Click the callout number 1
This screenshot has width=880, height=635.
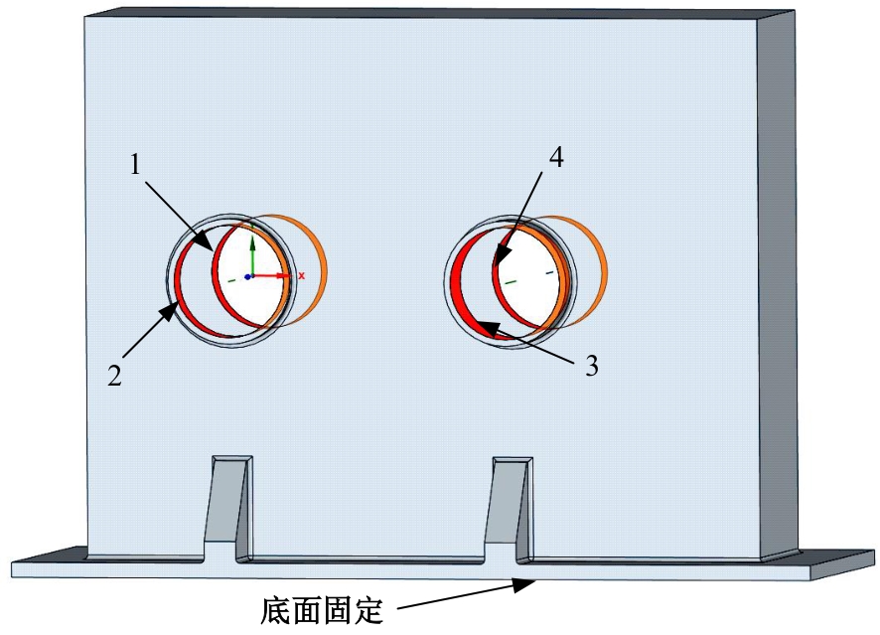(135, 165)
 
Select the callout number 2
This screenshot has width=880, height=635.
(115, 375)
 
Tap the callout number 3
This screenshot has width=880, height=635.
(592, 366)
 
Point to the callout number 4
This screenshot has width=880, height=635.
(555, 157)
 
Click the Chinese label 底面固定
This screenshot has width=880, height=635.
(322, 611)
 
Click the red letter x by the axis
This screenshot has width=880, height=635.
(301, 275)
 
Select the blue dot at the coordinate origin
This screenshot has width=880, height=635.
(247, 277)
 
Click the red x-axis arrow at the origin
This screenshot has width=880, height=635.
(270, 275)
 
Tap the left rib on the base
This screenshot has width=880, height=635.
(227, 500)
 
